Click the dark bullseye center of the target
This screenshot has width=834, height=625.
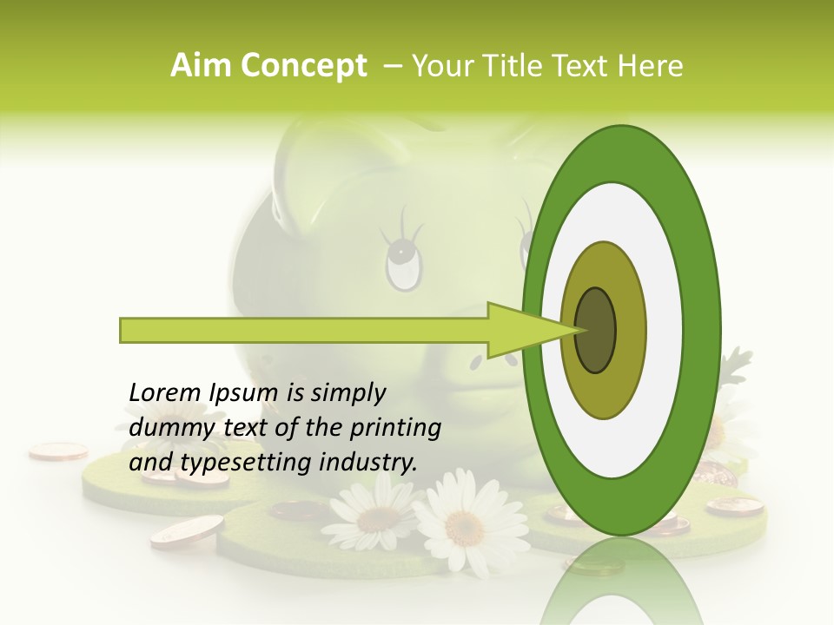596,330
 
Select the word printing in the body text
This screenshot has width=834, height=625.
394,428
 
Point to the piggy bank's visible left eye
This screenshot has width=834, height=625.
402,260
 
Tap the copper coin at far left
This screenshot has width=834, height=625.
57,451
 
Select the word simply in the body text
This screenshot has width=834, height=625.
347,393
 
